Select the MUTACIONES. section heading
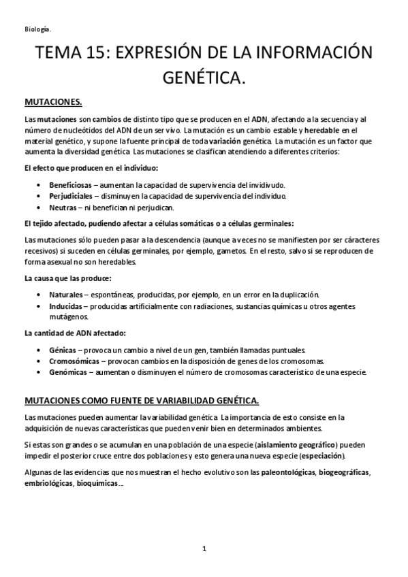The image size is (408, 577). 53,103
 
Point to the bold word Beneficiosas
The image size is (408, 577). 69,185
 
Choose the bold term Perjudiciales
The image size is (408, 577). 69,196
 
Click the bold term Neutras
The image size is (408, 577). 61,207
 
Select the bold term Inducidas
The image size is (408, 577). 65,306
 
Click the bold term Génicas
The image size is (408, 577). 63,350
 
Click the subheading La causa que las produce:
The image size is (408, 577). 68,279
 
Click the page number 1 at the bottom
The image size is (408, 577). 204,548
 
